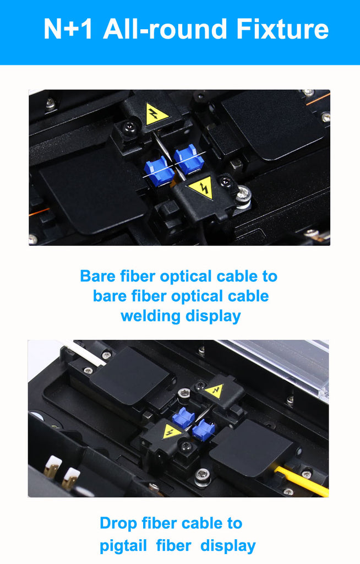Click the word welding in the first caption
click(x=150, y=316)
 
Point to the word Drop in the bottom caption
click(x=118, y=524)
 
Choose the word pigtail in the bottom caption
click(x=123, y=546)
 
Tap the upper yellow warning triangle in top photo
click(x=156, y=114)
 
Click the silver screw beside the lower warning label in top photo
click(x=244, y=197)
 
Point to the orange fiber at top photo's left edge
click(x=39, y=211)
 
